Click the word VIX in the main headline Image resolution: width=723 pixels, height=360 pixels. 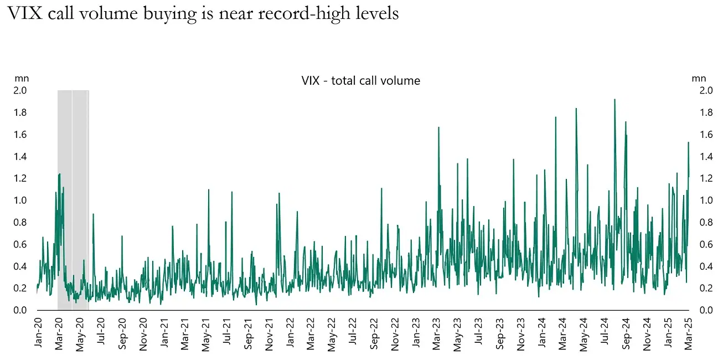point(24,13)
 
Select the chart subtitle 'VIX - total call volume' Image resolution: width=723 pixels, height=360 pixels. point(361,81)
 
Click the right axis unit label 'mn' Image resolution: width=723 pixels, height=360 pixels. point(699,78)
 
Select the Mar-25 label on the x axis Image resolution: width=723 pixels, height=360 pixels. point(687,333)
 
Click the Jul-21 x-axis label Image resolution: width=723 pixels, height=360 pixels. point(228,333)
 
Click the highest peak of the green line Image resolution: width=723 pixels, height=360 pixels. point(614,100)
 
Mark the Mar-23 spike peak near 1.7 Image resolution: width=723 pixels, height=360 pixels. point(438,127)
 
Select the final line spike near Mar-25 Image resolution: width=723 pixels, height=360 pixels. point(688,143)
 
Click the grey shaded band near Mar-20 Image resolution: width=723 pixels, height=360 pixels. point(73,199)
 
